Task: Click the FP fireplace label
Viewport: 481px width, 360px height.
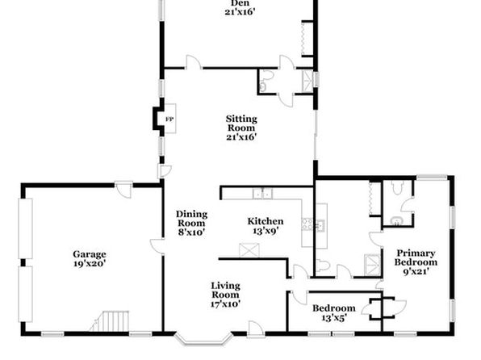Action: coord(169,119)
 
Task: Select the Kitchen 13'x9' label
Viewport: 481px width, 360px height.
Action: coord(266,225)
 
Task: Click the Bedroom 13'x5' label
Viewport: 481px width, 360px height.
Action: coord(334,312)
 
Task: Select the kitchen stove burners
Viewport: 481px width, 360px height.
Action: coord(307,224)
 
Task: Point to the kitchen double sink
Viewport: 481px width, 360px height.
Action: coord(262,194)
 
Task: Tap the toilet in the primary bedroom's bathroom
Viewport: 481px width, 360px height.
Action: coord(398,187)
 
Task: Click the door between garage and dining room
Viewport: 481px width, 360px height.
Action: coord(157,246)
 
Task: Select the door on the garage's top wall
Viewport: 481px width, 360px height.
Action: coord(124,190)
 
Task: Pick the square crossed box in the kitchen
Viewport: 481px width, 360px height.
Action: coord(249,250)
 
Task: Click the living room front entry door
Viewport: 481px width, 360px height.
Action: coord(255,329)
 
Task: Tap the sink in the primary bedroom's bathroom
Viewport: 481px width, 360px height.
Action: coord(396,221)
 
